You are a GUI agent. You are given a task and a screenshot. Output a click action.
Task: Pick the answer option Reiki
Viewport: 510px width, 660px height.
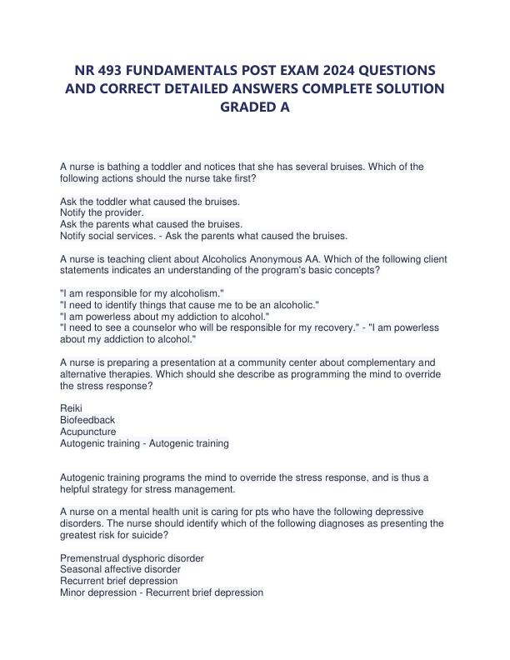click(x=72, y=408)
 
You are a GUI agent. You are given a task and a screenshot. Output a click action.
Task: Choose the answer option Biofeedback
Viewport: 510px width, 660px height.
click(x=87, y=420)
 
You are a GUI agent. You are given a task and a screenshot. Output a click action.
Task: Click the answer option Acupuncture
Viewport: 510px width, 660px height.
click(x=88, y=432)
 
